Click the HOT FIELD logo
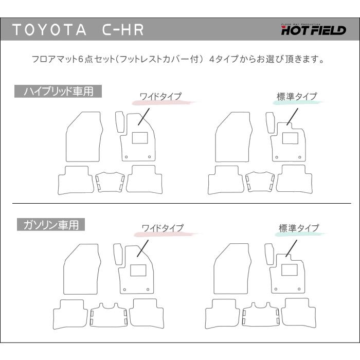314,29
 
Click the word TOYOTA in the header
49,30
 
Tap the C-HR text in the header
123,30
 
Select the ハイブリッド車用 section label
58,91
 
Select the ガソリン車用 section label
51,225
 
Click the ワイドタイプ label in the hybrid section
160,96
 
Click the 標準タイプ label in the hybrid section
297,97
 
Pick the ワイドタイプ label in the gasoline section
163,228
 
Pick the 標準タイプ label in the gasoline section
299,228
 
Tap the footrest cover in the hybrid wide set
120,122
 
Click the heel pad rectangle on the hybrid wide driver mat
139,138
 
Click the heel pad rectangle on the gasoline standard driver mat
289,270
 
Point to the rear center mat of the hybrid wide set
110,182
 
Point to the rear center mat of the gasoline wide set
109,315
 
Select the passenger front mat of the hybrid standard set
233,137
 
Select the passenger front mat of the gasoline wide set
81,269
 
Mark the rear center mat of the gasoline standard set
261,315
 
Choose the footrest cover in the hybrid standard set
270,122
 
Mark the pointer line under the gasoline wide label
142,248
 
